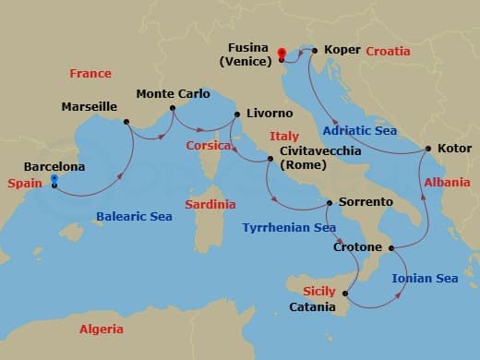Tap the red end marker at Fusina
tap(281, 53)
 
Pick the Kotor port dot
tap(427, 149)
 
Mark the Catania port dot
tap(344, 294)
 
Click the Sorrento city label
tap(366, 201)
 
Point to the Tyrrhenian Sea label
tap(288, 227)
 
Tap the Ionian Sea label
tap(425, 278)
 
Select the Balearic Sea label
tap(135, 217)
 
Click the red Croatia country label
tap(388, 52)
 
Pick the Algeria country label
tap(102, 329)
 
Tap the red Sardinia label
tap(210, 204)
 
